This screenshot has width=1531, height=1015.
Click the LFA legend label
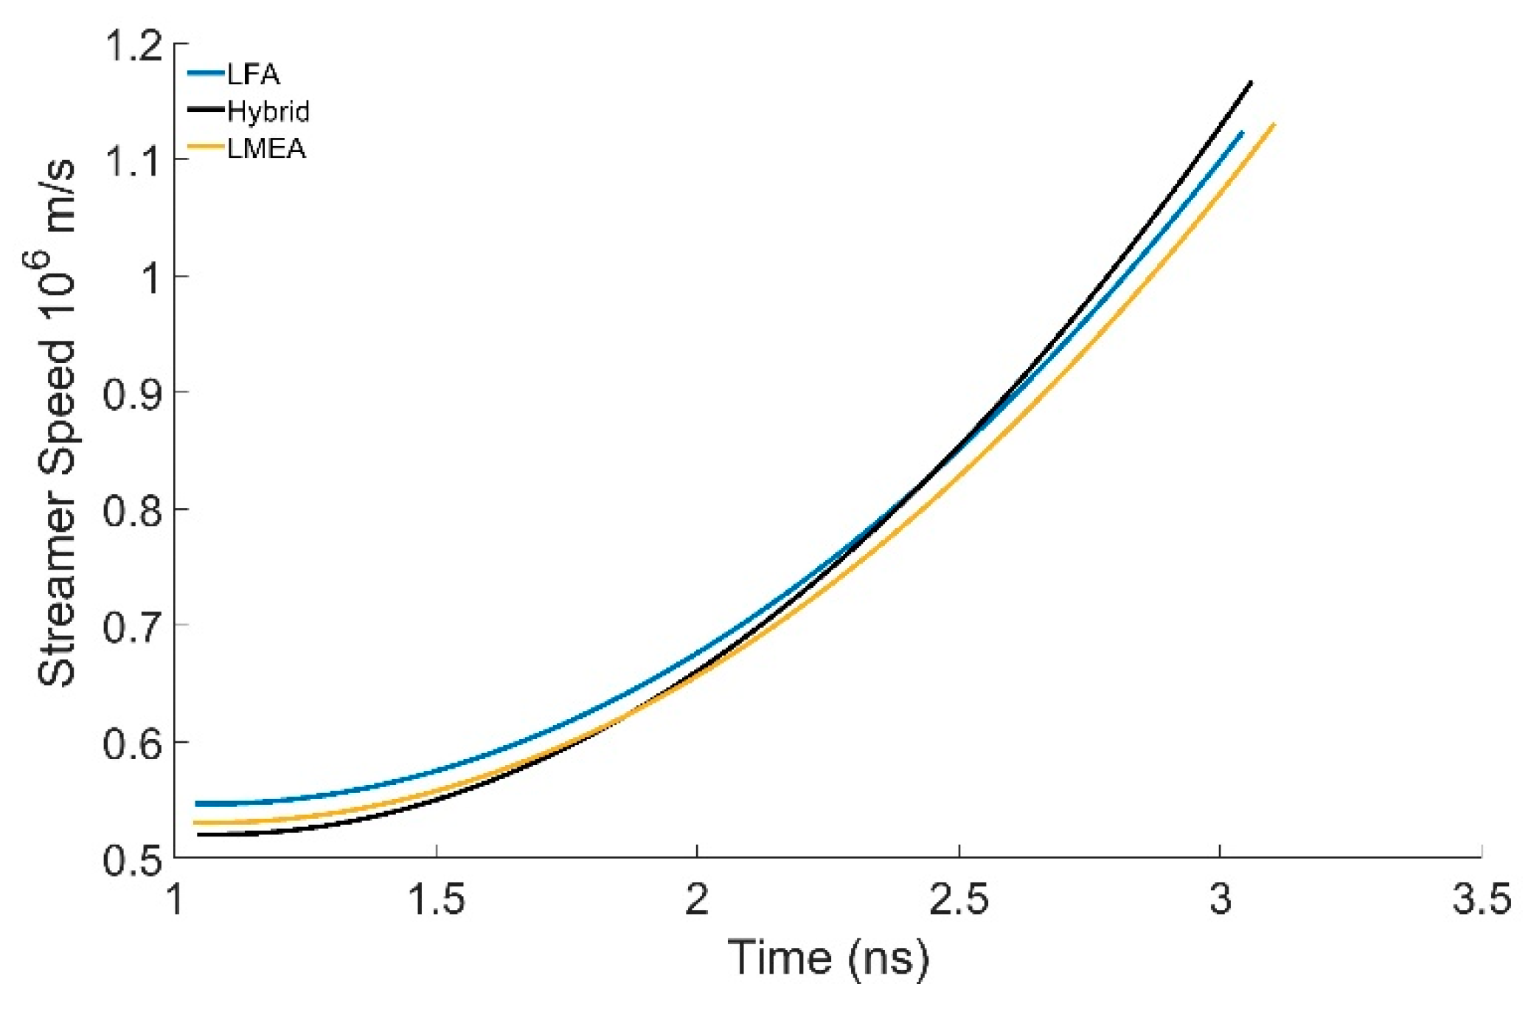(253, 75)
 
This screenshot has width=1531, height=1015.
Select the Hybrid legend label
(268, 112)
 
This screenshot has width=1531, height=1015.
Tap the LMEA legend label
(265, 149)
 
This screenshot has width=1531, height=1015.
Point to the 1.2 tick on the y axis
(133, 46)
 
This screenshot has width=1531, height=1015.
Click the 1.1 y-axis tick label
(133, 162)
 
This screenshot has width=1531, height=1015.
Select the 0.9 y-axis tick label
(133, 394)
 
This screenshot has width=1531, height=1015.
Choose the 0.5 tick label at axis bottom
(133, 860)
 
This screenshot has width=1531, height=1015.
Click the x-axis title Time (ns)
(828, 958)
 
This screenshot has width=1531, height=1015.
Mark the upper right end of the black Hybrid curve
(1251, 82)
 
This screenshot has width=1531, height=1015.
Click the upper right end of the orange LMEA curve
(1274, 124)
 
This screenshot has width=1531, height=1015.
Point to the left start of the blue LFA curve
(197, 803)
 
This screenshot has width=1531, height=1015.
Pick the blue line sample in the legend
(206, 74)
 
